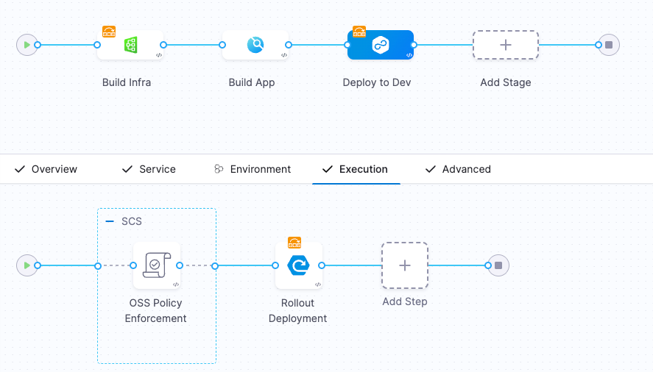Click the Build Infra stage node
[130, 45]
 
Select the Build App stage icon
[255, 45]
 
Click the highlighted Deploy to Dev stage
[381, 45]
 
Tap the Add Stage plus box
[506, 45]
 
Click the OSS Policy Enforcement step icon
[157, 265]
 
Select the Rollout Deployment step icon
[299, 265]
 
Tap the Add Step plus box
[405, 265]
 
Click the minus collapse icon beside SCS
[110, 221]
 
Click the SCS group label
[132, 221]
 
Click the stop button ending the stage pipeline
[609, 45]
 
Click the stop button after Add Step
[498, 265]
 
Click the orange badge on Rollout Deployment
[294, 243]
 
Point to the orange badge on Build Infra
[109, 31]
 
